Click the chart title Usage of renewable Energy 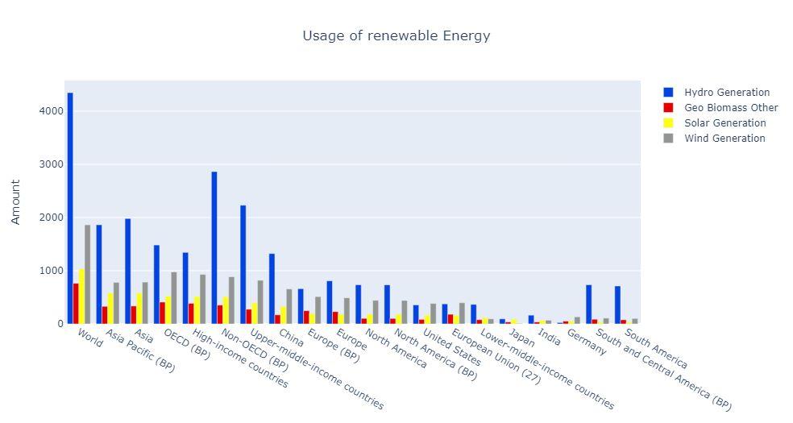pos(396,36)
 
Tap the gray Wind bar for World pos(87,274)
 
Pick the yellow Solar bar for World pos(81,297)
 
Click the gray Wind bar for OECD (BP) pos(173,297)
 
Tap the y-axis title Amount pos(15,202)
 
